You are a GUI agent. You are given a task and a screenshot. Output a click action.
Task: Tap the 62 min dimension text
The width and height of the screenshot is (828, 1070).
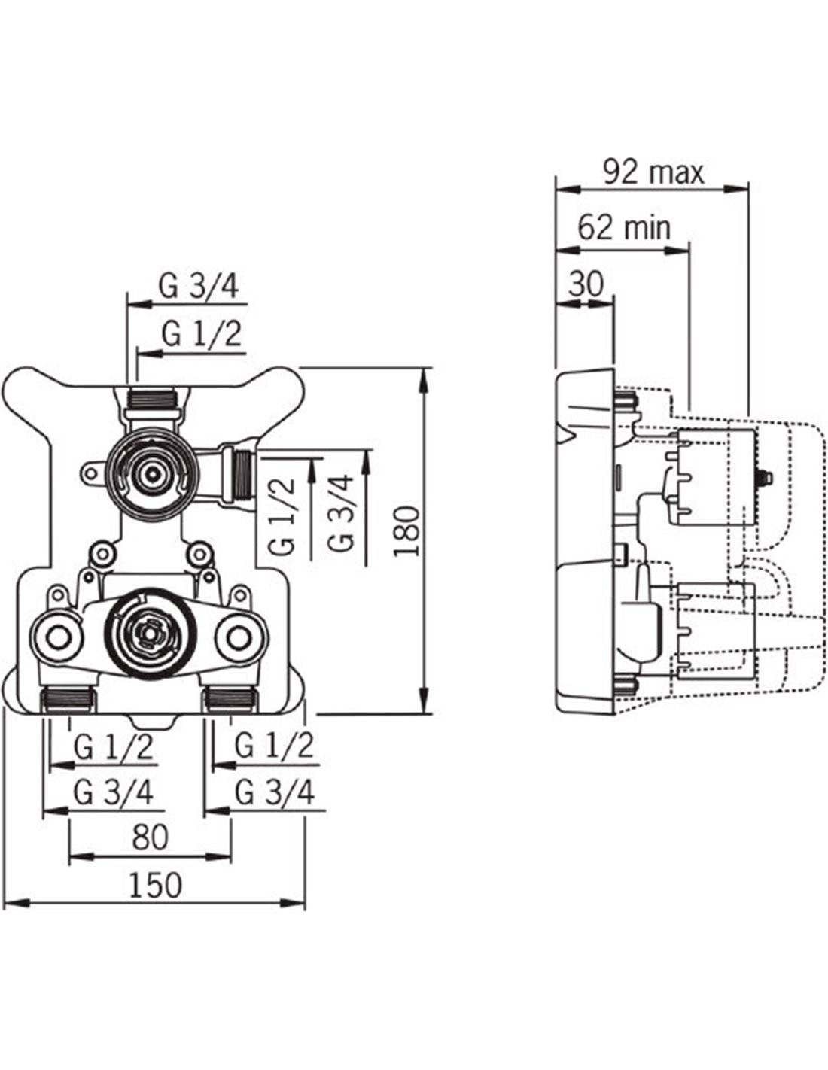[624, 228]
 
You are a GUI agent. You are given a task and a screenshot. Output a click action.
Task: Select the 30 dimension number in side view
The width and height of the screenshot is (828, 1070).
[585, 284]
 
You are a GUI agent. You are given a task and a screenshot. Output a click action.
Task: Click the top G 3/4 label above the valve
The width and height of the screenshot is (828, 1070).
[199, 287]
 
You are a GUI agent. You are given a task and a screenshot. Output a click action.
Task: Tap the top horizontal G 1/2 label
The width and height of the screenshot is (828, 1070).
[202, 334]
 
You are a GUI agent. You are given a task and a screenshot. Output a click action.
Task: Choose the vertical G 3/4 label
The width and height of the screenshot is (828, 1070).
[341, 512]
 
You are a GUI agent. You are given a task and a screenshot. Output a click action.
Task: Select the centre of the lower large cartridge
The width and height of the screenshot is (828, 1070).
[148, 637]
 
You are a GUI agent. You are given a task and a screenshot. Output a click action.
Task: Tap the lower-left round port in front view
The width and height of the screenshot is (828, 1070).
[59, 638]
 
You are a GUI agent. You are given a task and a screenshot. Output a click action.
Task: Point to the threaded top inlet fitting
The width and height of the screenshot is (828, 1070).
[152, 397]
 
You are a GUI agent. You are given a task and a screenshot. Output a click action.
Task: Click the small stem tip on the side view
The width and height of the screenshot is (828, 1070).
[766, 476]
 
